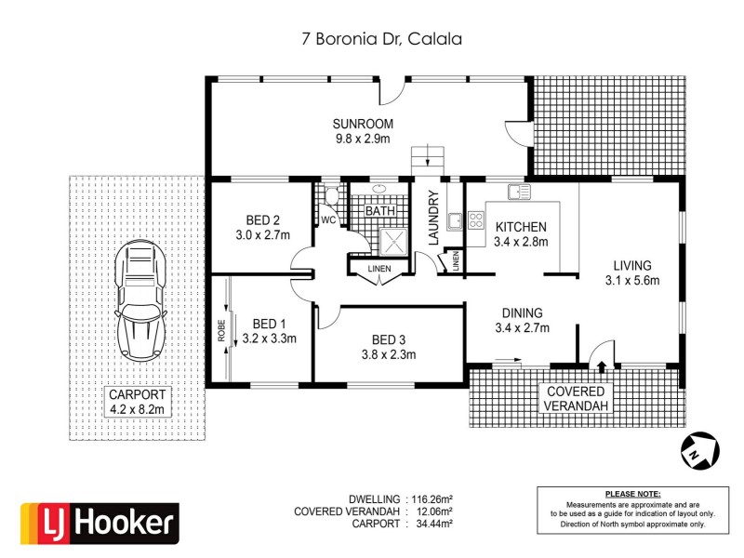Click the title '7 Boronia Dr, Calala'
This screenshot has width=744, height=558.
point(373,39)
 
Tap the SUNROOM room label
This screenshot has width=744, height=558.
point(364,124)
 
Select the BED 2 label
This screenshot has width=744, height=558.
point(263,220)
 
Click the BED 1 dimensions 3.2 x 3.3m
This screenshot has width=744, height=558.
point(269,339)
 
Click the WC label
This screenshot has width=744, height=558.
point(327,220)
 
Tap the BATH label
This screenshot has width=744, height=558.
point(379,211)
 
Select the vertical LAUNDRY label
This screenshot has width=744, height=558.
point(432,218)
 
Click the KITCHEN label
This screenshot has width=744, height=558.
point(521,227)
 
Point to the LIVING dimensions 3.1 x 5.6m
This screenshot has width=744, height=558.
point(631,281)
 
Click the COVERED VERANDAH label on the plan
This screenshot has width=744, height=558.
point(576,400)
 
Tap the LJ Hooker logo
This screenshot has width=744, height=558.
point(100,523)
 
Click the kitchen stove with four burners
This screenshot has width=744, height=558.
point(475,220)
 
